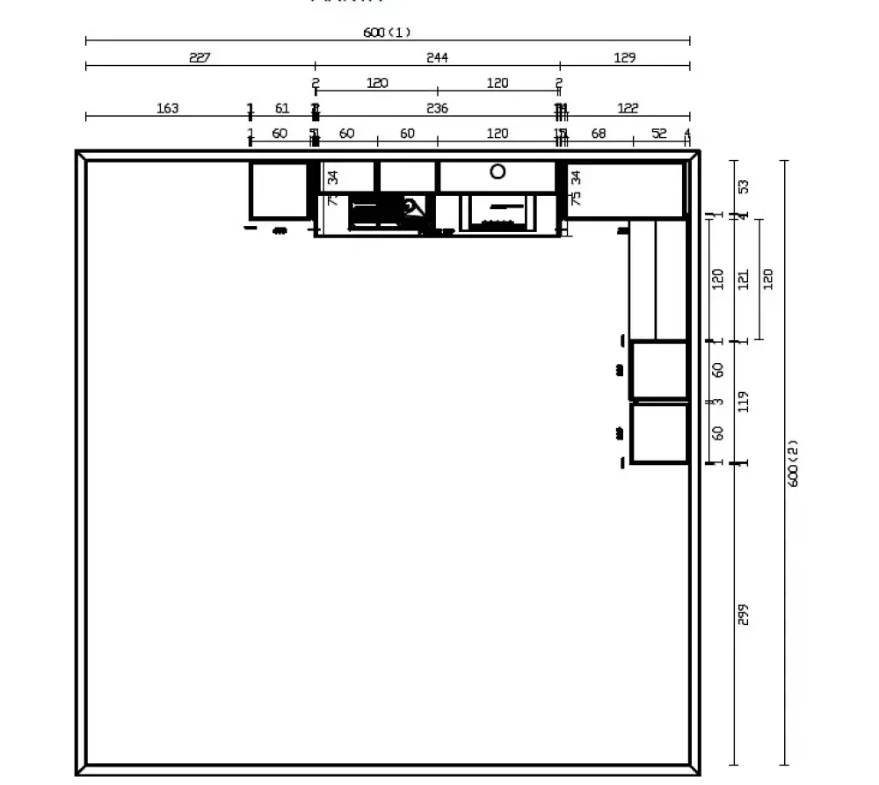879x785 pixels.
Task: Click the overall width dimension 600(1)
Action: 387,33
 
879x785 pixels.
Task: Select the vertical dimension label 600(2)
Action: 793,463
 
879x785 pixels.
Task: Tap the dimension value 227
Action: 200,58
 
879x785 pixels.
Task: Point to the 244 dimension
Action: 437,58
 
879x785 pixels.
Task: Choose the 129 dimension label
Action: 624,58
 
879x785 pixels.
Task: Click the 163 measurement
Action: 167,108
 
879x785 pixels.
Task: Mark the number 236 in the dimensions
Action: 437,108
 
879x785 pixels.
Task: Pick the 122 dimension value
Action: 628,108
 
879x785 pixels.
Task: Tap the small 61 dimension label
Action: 282,108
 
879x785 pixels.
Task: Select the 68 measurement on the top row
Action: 599,134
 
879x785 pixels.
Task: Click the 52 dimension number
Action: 659,134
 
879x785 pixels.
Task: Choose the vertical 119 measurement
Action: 744,402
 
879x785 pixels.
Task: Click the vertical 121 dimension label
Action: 744,280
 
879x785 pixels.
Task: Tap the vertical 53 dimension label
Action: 744,187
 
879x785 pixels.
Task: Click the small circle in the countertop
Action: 498,171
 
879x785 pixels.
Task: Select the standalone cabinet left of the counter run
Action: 279,190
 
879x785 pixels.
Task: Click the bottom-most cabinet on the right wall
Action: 659,432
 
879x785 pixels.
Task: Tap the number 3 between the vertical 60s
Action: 718,402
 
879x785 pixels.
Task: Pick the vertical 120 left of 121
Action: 718,280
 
